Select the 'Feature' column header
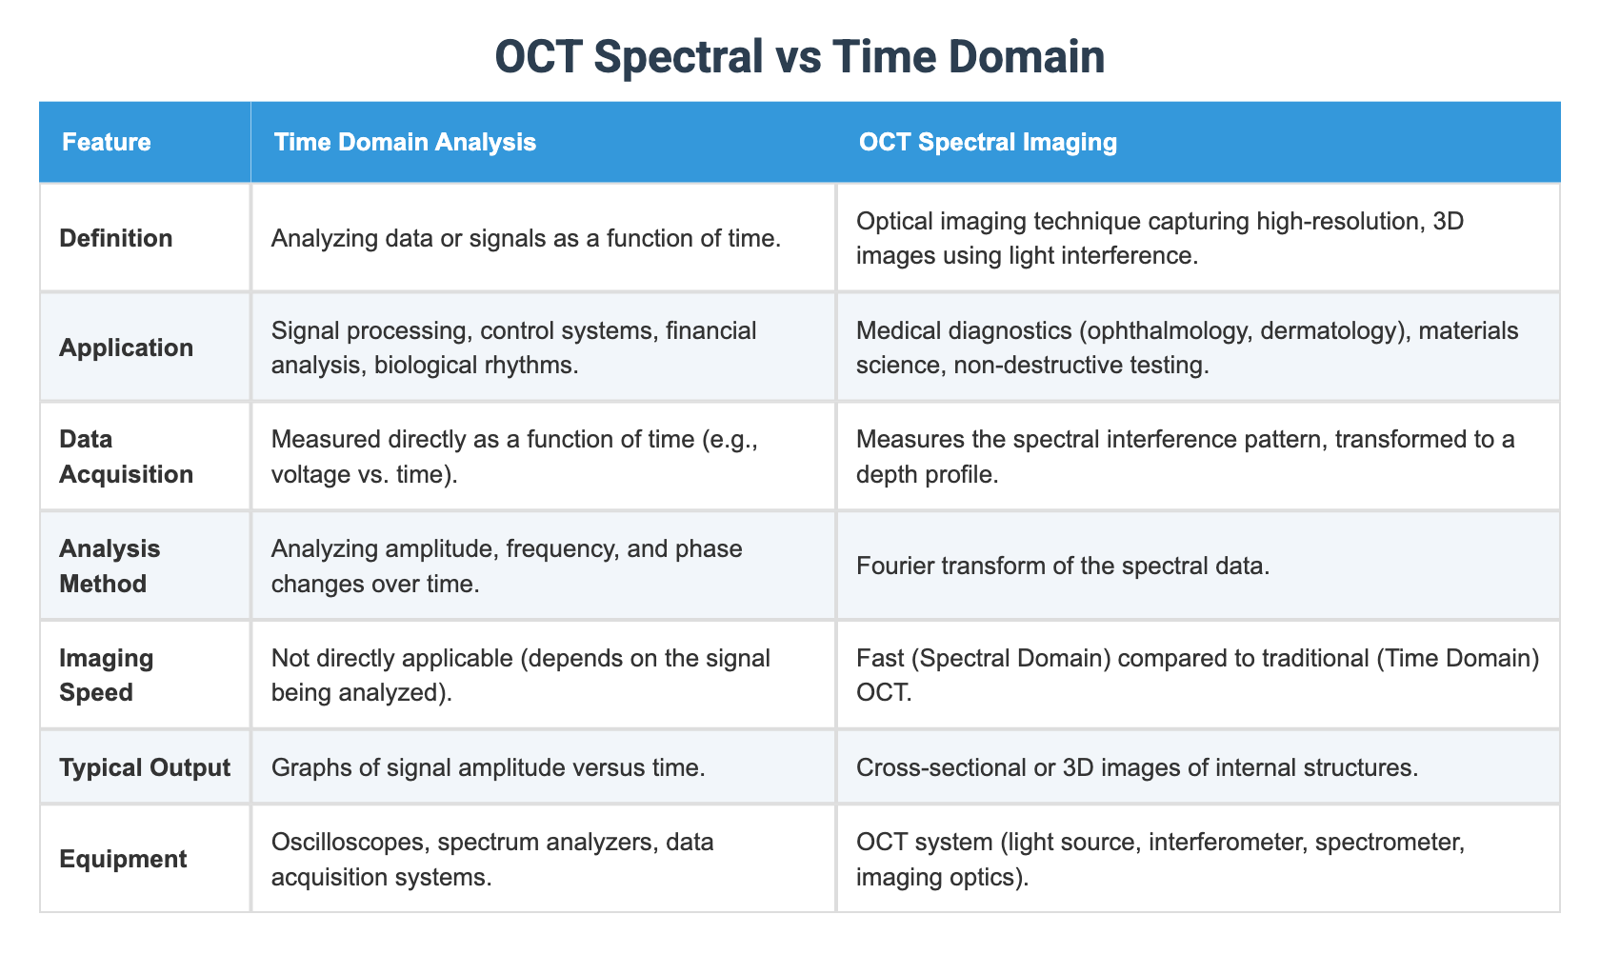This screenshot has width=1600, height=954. point(106,143)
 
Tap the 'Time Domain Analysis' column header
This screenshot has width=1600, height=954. point(405,143)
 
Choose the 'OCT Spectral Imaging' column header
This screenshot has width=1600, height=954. point(988,143)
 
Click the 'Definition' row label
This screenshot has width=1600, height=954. point(116,238)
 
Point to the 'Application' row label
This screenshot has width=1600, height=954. point(126,348)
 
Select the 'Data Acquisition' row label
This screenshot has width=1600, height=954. point(126,456)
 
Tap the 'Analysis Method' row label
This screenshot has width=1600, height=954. point(110,566)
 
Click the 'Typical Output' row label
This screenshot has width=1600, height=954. point(145,767)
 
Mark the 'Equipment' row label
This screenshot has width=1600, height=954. point(123,859)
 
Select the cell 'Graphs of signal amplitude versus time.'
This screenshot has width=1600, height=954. point(488,767)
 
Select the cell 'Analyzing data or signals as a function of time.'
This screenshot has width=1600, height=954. point(526,238)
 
